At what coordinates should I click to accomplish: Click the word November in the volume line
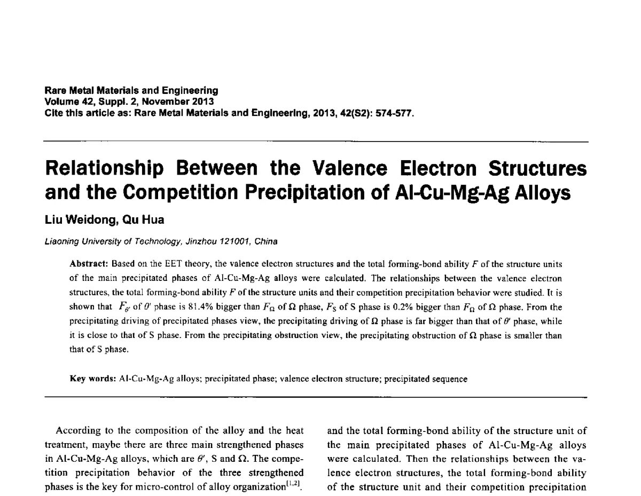(x=157, y=102)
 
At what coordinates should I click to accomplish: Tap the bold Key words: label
(x=93, y=379)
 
